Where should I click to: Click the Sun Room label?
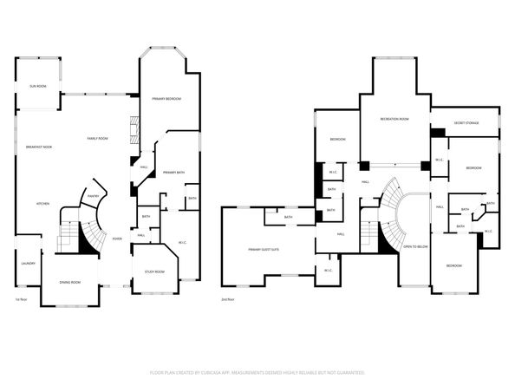[x=38, y=87]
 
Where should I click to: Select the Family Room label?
[x=97, y=139]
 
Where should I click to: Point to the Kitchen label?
[x=42, y=204]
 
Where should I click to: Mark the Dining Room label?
[x=69, y=282]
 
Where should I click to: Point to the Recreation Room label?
[x=394, y=119]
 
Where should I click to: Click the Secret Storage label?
[x=466, y=123]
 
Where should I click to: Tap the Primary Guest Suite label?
[x=264, y=249]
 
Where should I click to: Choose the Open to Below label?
[x=415, y=247]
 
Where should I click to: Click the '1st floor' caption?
[x=20, y=299]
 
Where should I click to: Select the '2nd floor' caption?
[x=228, y=299]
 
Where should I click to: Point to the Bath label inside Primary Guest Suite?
[x=287, y=218]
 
